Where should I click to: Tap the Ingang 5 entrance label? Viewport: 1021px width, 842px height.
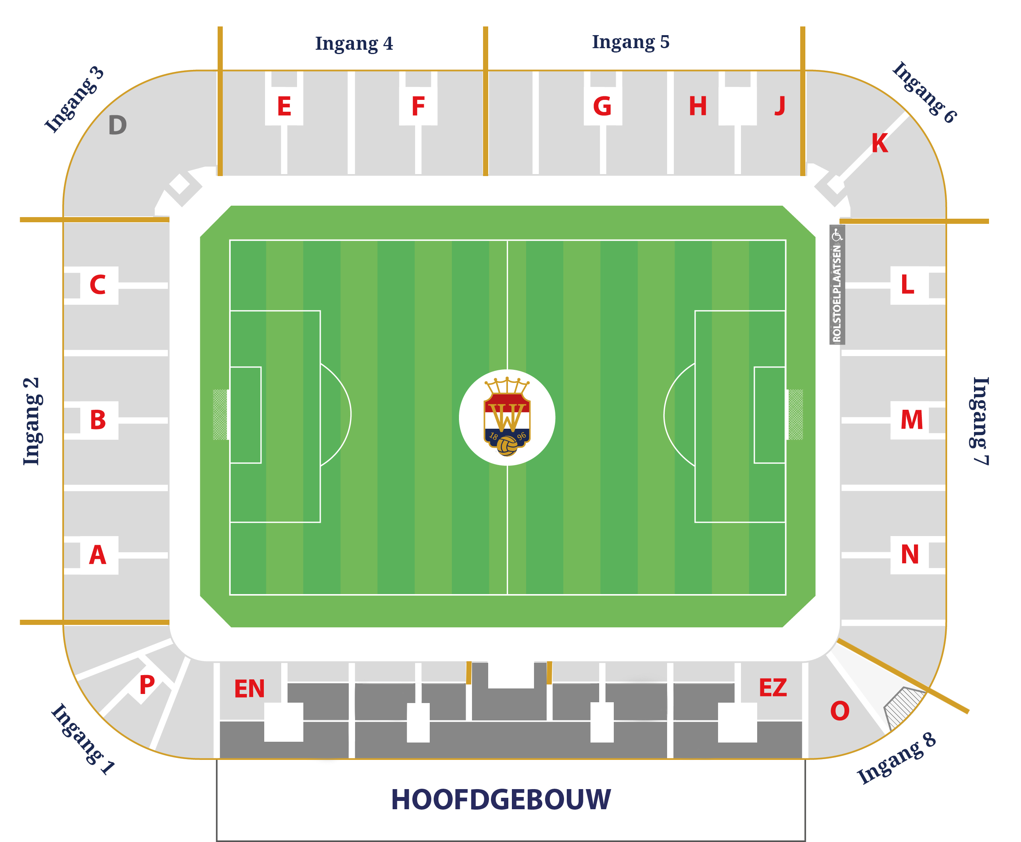(x=630, y=42)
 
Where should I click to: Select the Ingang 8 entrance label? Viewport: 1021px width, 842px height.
(x=896, y=759)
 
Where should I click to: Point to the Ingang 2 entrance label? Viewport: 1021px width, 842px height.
(x=32, y=421)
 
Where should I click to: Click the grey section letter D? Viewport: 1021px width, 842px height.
(x=117, y=125)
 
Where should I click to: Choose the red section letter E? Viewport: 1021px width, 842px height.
(x=284, y=106)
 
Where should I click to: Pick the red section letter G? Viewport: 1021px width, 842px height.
(x=602, y=106)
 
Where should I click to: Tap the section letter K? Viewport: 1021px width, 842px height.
(x=879, y=144)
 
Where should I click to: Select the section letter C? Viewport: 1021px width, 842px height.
(x=98, y=285)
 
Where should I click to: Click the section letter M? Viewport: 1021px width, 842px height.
(x=911, y=420)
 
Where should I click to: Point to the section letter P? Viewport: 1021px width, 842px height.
(x=147, y=685)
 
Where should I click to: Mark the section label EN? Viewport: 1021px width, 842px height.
(x=250, y=689)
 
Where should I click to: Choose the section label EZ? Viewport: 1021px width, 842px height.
(x=773, y=688)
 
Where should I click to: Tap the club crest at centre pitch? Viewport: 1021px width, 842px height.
(x=507, y=417)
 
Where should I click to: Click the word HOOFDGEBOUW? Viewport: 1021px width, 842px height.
(x=501, y=800)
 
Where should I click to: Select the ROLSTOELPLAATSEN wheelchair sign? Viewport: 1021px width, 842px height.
(x=837, y=285)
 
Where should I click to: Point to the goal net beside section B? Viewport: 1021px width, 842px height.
(x=220, y=415)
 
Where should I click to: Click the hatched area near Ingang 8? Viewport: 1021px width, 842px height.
(x=904, y=706)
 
